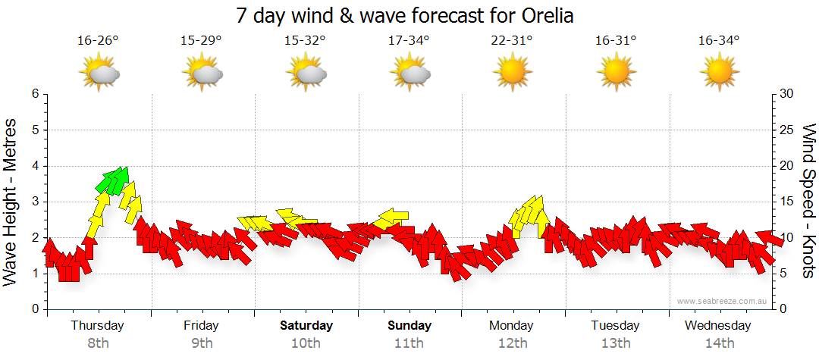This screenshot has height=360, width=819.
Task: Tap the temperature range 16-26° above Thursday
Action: [x=99, y=40]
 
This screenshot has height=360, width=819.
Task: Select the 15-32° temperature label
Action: [x=305, y=40]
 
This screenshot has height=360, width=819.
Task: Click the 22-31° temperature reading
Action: [x=512, y=40]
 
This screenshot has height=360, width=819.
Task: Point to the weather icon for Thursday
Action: [x=99, y=74]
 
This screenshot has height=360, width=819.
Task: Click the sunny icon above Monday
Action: [x=512, y=74]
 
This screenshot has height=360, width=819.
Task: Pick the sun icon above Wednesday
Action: [x=719, y=74]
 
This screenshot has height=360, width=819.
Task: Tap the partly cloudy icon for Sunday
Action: [x=409, y=74]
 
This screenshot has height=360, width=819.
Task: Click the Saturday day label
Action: [x=306, y=326]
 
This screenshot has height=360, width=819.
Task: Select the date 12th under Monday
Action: [x=513, y=343]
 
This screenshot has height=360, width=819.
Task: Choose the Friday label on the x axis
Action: [x=201, y=326]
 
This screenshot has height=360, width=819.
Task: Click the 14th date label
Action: [x=719, y=343]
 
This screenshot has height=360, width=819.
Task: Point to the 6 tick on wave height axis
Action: [x=34, y=94]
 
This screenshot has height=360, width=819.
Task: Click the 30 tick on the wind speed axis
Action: [x=786, y=94]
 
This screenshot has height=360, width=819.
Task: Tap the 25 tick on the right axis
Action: [x=786, y=130]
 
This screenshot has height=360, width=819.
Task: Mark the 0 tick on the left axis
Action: [x=34, y=309]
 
